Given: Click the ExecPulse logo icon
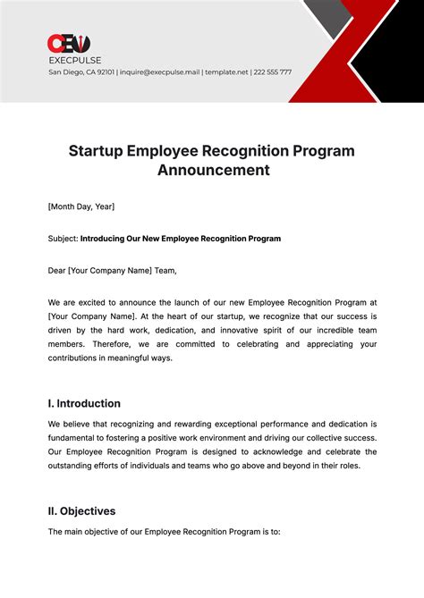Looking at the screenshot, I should (x=68, y=44).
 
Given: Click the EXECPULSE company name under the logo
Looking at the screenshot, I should (x=74, y=59).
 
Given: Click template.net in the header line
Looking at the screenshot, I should (x=225, y=72).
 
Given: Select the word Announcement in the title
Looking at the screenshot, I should (x=214, y=170).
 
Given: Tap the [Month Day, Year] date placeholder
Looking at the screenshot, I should (x=81, y=206).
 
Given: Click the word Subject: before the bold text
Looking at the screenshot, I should (x=63, y=239).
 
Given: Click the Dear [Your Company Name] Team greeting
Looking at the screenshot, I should (x=112, y=271).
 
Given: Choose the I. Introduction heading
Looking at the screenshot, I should (x=84, y=403).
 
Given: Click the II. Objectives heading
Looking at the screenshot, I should (x=81, y=511).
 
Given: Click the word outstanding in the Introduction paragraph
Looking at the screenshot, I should (x=74, y=466).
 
